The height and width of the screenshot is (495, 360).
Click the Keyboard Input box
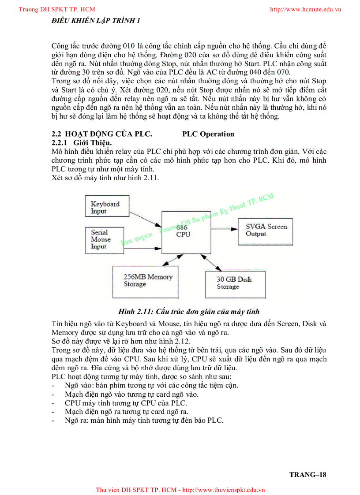[105, 207]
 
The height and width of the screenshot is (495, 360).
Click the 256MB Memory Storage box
[146, 281]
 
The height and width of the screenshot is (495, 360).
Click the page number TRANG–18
[307, 475]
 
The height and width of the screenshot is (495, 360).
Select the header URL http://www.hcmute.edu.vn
[305, 9]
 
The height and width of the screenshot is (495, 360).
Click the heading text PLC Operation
[208, 134]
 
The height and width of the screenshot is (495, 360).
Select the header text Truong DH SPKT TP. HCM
[57, 9]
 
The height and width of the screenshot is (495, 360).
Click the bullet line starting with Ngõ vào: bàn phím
[151, 385]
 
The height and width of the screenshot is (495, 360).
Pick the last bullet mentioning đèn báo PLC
[144, 421]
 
